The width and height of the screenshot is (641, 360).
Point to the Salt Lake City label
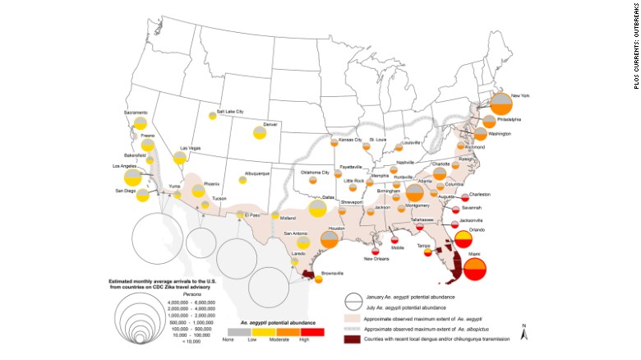coord(229,112)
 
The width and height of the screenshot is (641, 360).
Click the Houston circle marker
coord(330,239)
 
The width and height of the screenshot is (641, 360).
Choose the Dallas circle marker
coord(318,207)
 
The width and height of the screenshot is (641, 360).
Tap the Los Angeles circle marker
coord(132,177)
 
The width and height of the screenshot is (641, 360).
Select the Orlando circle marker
coord(462,239)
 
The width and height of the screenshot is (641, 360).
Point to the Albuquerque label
coord(258,173)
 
